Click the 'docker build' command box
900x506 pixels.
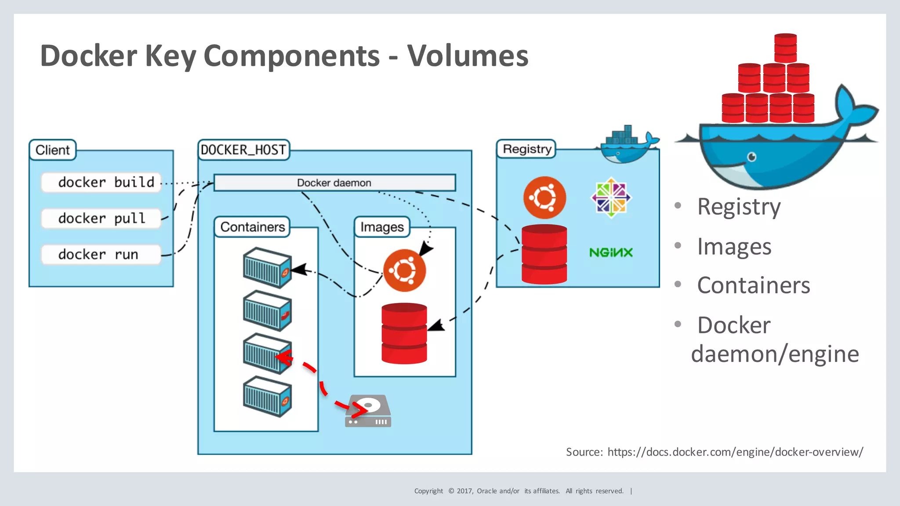(x=102, y=182)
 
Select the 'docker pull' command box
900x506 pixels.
(x=102, y=218)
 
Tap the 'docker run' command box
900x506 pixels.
(x=102, y=254)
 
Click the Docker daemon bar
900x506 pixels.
(x=334, y=183)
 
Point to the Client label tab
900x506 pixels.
(x=53, y=150)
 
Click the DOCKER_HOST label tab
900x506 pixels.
(x=243, y=150)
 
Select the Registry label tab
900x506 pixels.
(x=526, y=149)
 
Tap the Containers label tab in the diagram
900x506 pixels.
(x=252, y=227)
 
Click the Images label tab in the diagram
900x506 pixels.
(x=382, y=227)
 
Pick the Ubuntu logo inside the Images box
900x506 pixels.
(x=404, y=271)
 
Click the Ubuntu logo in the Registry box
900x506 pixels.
(x=544, y=197)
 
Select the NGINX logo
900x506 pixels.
(x=611, y=253)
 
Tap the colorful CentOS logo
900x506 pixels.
(x=611, y=197)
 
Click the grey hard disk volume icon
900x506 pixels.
(x=368, y=411)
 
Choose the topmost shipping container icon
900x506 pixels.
(x=267, y=267)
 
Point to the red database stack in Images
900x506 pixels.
(x=404, y=333)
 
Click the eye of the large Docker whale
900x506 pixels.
(x=752, y=157)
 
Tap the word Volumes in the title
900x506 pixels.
(x=468, y=56)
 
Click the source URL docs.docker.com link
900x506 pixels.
(x=735, y=452)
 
